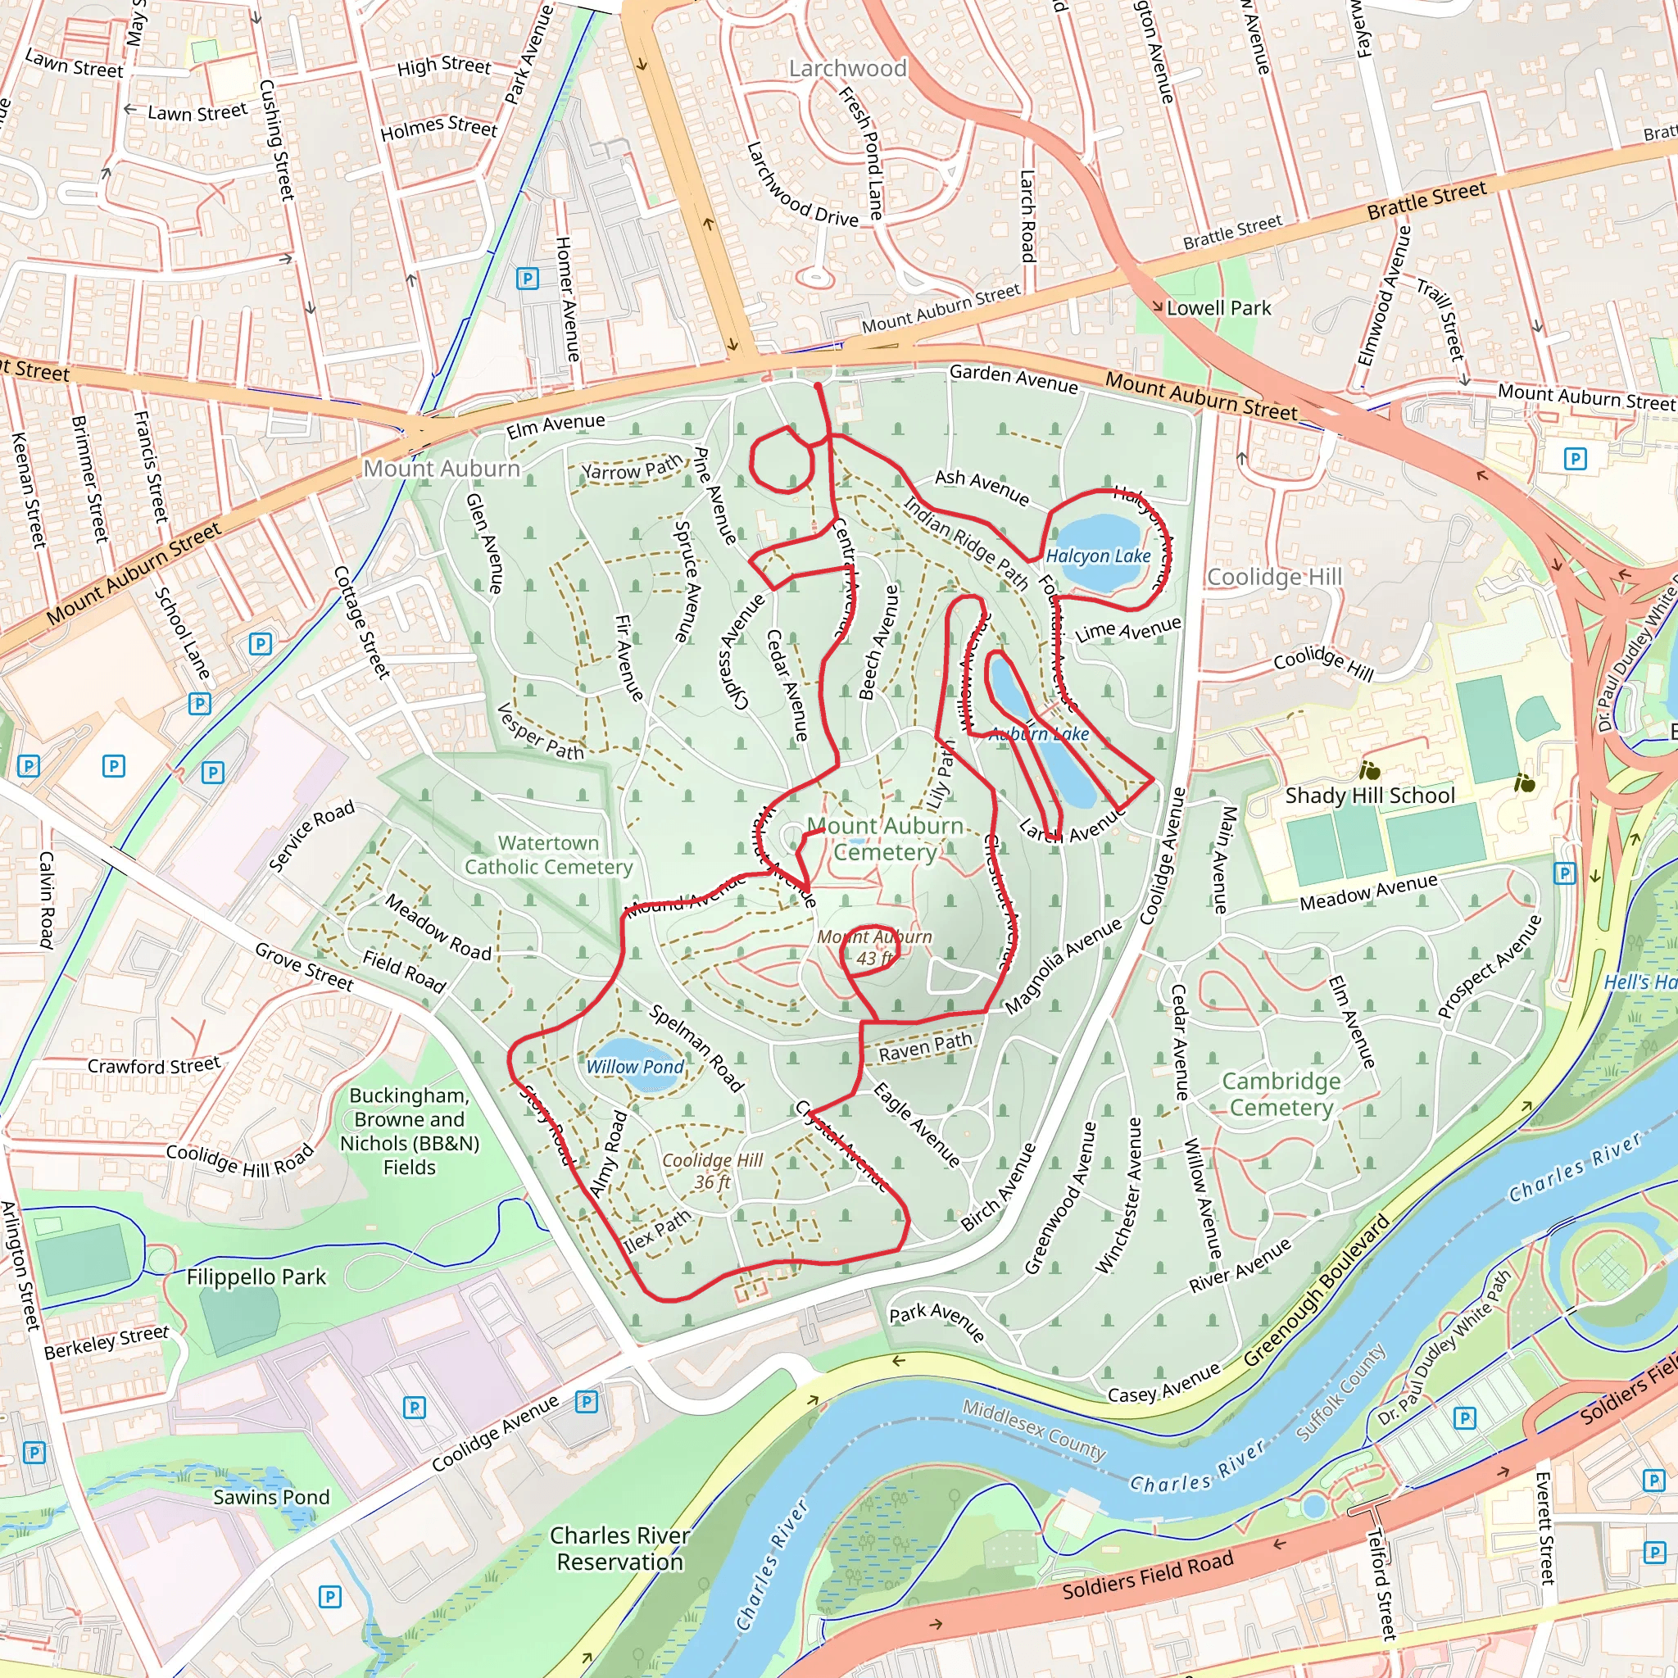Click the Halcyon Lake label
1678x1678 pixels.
click(1098, 556)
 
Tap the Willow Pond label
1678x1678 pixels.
click(635, 1067)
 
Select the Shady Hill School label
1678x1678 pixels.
click(1370, 796)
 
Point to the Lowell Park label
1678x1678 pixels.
click(1218, 308)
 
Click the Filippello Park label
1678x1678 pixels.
click(256, 1277)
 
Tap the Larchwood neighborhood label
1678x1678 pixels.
click(848, 69)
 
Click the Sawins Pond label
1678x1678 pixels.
click(272, 1498)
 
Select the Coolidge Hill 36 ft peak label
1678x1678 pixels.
click(712, 1171)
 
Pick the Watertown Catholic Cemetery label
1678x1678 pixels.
click(548, 855)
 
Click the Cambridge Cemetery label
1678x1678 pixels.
click(1281, 1095)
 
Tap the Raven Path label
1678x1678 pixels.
click(925, 1047)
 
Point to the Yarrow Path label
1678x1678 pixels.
click(632, 469)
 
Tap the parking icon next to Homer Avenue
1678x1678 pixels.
click(527, 279)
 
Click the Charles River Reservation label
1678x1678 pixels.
click(620, 1549)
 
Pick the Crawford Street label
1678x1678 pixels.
click(154, 1065)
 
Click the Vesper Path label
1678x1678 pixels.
click(540, 732)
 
